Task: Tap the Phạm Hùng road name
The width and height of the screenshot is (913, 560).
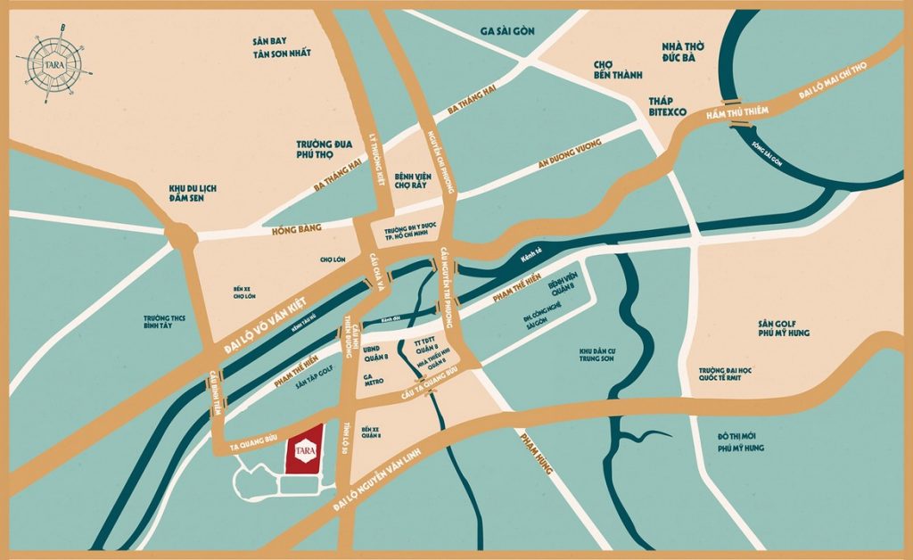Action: (538, 451)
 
